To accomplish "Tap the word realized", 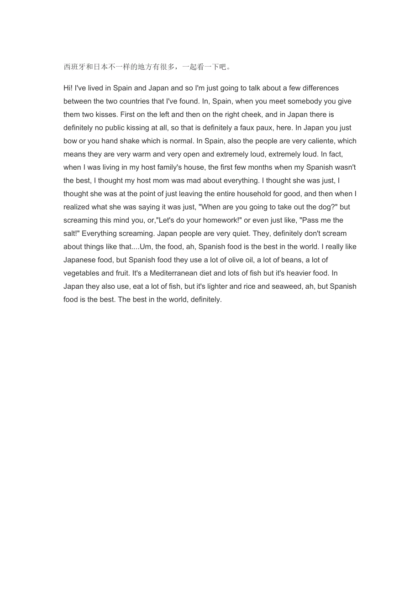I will (x=76, y=207).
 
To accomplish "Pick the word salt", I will (x=71, y=234).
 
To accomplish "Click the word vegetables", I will (x=81, y=273).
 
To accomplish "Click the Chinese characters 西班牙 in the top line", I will (x=74, y=67).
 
